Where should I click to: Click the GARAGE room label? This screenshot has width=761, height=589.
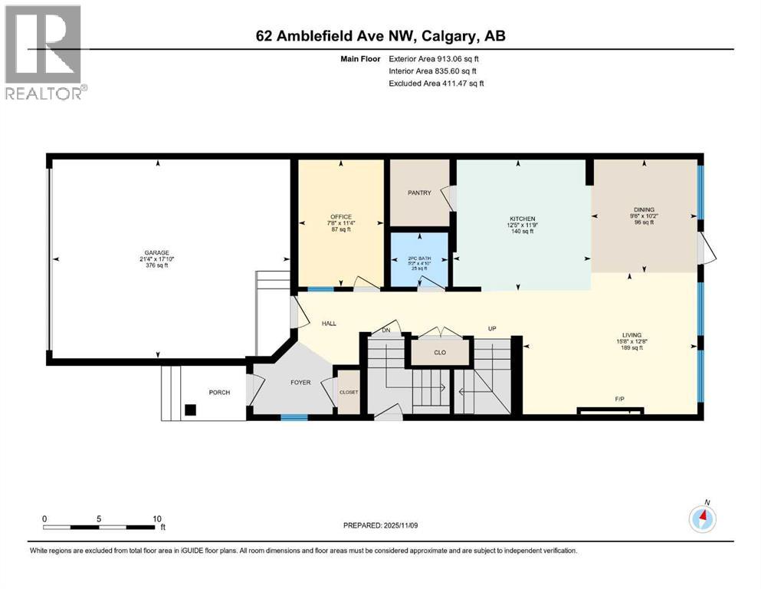point(158,252)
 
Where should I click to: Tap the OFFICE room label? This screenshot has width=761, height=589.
point(340,216)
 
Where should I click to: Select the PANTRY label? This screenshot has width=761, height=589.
point(419,193)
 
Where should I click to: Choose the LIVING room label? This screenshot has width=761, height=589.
point(631,334)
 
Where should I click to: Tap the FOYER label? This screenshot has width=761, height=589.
point(300,382)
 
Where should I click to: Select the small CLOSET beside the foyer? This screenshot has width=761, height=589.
point(349,392)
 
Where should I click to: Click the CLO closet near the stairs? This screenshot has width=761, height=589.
point(440,354)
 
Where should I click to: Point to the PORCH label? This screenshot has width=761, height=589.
point(219,393)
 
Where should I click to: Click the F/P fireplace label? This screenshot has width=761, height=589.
point(620,400)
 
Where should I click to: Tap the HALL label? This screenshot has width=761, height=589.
point(329,324)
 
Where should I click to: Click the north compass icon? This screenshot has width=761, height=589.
point(703,519)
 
